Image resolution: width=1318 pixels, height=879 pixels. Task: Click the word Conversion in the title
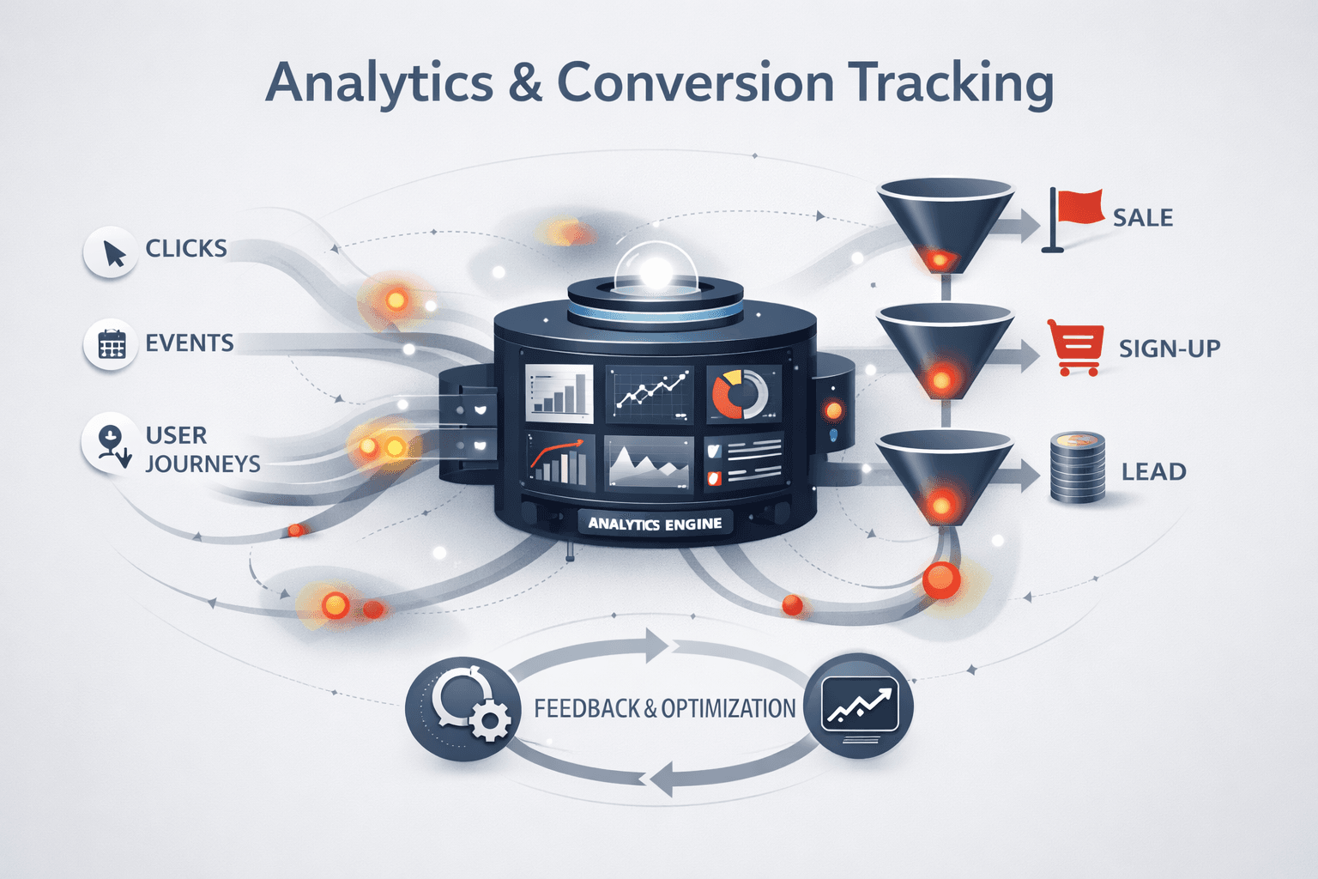click(695, 83)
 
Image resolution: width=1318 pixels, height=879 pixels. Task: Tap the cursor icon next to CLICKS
click(112, 252)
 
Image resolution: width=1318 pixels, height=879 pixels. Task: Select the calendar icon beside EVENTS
click(112, 344)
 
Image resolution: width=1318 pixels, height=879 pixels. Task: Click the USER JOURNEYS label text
click(202, 449)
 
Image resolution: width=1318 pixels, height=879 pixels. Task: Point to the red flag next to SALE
click(1076, 215)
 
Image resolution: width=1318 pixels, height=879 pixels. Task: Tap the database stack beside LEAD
click(1077, 469)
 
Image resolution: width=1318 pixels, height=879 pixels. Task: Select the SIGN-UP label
click(1169, 349)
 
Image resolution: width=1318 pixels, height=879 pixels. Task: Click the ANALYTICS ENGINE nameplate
click(655, 524)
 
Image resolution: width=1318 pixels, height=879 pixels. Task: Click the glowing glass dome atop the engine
click(655, 268)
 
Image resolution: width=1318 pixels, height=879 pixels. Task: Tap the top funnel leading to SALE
click(944, 219)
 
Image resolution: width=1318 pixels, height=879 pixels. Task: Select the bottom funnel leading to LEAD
click(944, 472)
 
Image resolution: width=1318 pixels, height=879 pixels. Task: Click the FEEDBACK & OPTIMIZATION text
click(664, 709)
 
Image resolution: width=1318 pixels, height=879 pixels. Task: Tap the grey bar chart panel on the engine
click(559, 394)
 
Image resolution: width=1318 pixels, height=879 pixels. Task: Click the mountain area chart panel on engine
click(648, 464)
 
